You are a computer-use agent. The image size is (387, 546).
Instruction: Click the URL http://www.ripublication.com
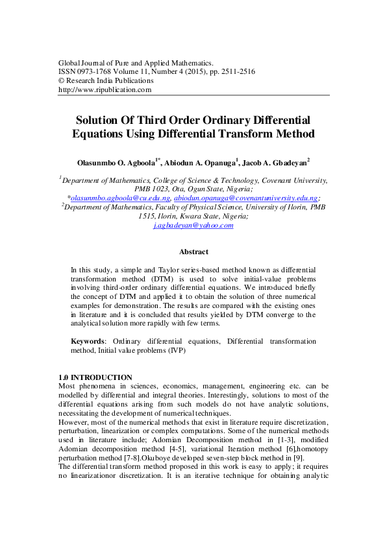(x=105, y=89)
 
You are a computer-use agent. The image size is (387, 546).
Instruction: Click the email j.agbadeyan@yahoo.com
(x=193, y=225)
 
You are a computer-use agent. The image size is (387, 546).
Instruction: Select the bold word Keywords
(x=88, y=341)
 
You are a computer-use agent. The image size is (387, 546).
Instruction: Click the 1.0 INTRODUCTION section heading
(x=95, y=377)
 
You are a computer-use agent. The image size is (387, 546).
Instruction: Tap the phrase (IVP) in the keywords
(x=175, y=350)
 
